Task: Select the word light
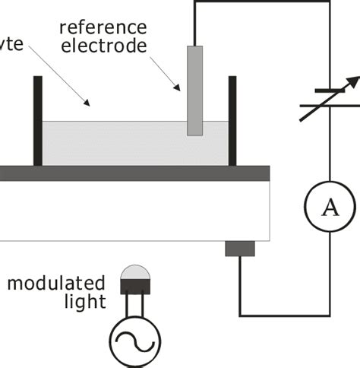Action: [84, 302]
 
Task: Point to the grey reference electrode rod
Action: [195, 90]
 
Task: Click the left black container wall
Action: [37, 121]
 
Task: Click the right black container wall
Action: [232, 121]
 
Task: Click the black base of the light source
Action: [134, 287]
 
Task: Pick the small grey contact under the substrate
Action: [240, 249]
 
